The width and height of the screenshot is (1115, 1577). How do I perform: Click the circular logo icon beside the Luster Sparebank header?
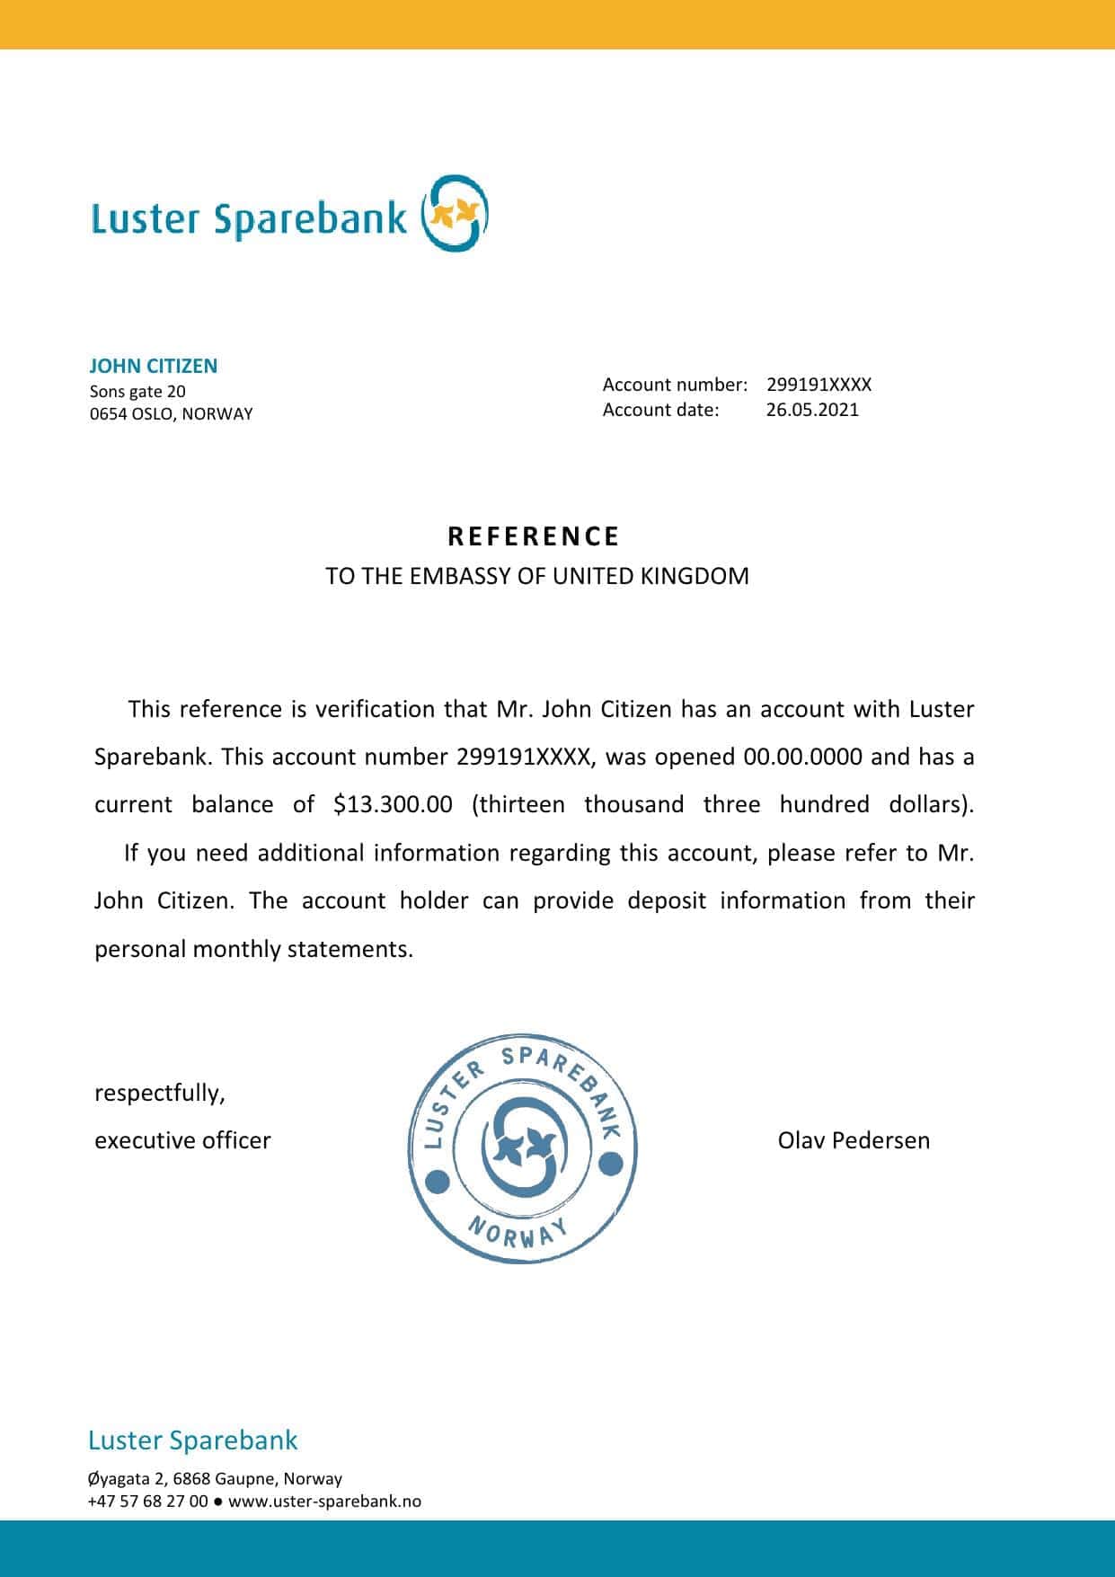point(456,214)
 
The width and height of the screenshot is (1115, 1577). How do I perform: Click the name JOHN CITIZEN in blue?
point(154,366)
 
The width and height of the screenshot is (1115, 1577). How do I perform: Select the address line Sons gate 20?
point(137,391)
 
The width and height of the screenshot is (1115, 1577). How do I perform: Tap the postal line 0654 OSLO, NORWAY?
point(171,414)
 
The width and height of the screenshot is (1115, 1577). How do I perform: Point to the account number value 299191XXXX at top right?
point(819,385)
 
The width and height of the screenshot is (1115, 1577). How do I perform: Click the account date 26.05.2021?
point(812,410)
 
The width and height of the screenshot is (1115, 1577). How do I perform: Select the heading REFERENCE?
point(535,536)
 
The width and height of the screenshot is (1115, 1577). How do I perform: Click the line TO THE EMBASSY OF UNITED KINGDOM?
point(536,576)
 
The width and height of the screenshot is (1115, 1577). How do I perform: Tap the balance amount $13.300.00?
point(393,804)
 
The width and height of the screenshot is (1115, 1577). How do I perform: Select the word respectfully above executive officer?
point(160,1093)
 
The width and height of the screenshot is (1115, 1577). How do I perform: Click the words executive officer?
point(182,1140)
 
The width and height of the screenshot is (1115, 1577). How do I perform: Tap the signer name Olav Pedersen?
point(854,1140)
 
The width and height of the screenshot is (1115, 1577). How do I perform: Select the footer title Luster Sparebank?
point(192,1440)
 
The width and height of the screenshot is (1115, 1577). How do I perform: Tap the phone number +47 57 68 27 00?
point(147,1501)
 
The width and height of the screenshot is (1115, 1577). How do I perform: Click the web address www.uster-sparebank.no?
point(324,1501)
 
